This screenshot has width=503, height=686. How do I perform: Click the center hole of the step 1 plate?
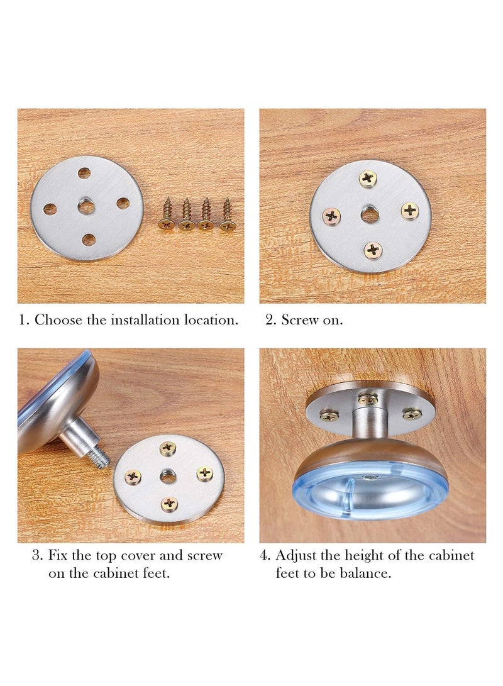[x=86, y=207]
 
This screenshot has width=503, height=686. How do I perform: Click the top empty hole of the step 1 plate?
[x=84, y=173]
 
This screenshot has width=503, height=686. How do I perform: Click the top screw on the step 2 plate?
[x=368, y=179]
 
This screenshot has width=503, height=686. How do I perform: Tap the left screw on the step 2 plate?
[x=331, y=217]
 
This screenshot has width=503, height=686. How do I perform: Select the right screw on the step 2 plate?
[x=410, y=211]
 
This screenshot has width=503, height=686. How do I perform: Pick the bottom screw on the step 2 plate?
[x=373, y=250]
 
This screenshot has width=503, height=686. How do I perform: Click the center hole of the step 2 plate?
[x=370, y=214]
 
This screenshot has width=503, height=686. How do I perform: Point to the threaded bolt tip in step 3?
[x=101, y=459]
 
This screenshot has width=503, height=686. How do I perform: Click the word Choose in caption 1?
[x=58, y=319]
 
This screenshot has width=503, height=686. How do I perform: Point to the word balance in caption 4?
[x=367, y=573]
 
